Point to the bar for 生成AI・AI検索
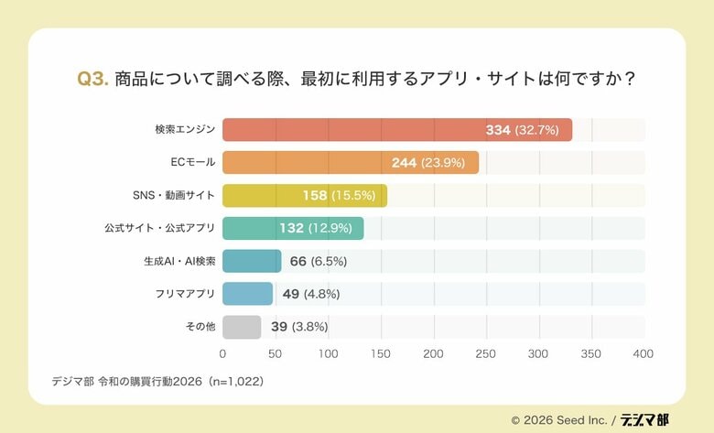(x=252, y=261)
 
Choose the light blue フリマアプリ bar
(x=247, y=294)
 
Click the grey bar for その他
(x=242, y=327)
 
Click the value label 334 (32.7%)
(x=522, y=130)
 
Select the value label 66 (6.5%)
(x=318, y=261)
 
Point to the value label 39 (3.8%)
(x=299, y=327)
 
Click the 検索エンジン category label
(x=185, y=130)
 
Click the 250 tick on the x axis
(x=485, y=353)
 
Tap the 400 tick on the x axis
(x=643, y=353)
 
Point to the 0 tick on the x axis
(x=222, y=353)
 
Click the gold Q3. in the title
(x=93, y=79)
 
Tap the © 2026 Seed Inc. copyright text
(x=559, y=420)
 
